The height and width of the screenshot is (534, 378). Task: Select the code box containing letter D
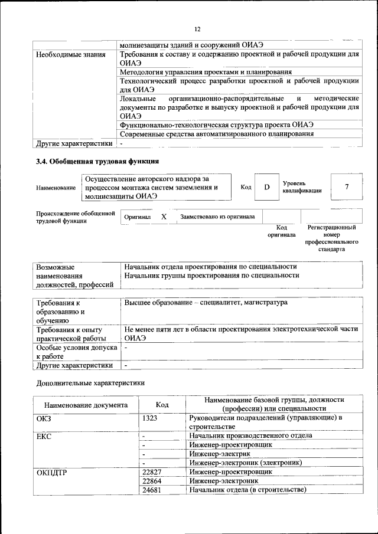[x=266, y=187]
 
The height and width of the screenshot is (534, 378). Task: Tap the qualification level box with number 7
[x=346, y=187]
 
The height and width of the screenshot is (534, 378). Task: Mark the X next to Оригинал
[x=164, y=217]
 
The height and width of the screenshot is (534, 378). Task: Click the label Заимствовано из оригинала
[x=217, y=217]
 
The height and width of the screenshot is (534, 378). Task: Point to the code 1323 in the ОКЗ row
[x=151, y=418]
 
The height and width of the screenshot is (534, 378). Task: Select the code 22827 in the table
[x=152, y=472]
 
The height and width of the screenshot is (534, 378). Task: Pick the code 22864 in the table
[x=152, y=481]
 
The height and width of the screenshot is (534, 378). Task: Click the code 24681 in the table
[x=152, y=490]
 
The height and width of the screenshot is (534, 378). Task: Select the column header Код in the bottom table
[x=162, y=405]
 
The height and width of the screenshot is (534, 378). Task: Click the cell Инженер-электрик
[x=219, y=454]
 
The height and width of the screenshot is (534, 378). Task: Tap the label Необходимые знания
[x=70, y=55]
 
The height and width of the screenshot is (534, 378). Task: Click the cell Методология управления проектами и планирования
[x=206, y=72]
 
